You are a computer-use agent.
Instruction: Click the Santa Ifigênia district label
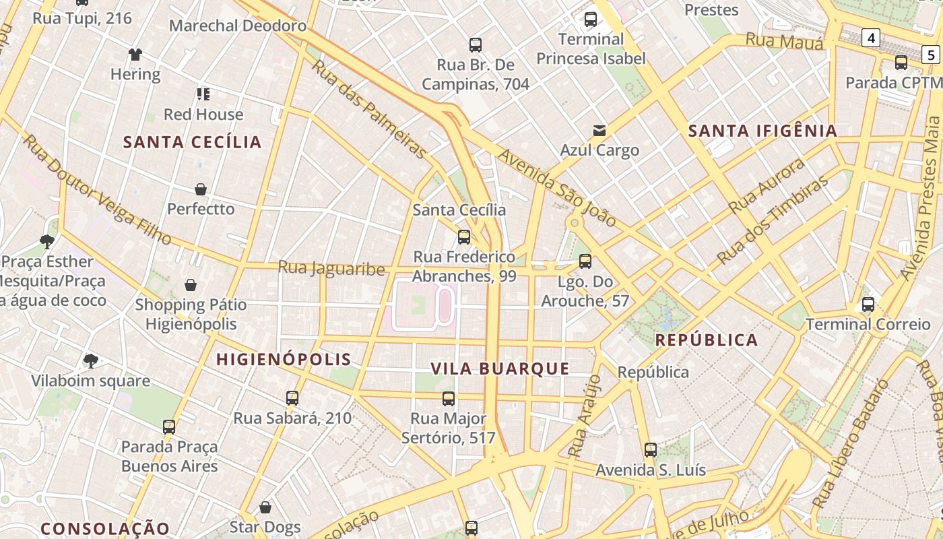point(762,131)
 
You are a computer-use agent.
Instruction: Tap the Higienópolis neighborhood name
point(284,359)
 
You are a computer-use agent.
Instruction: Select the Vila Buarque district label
point(500,369)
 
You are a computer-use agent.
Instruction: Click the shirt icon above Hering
point(135,55)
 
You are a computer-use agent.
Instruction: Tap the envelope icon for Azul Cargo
point(599,130)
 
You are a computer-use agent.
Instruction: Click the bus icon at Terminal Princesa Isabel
point(591,20)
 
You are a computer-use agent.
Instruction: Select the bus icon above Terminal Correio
point(868,305)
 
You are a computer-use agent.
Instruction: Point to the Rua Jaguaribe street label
point(331,268)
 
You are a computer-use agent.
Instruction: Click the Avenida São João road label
point(556,187)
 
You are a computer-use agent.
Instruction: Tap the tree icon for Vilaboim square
point(91,361)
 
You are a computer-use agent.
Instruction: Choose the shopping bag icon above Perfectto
point(200,189)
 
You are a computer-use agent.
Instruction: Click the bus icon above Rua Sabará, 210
point(292,398)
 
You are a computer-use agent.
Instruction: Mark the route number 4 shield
point(871,38)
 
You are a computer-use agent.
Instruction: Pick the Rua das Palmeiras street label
point(369,109)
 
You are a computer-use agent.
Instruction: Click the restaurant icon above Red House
point(203,94)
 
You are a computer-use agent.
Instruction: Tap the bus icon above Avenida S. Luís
point(650,450)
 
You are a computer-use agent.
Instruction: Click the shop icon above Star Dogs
point(265,507)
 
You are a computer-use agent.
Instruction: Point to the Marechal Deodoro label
point(238,26)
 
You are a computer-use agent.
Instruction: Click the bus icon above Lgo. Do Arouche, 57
point(585,261)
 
